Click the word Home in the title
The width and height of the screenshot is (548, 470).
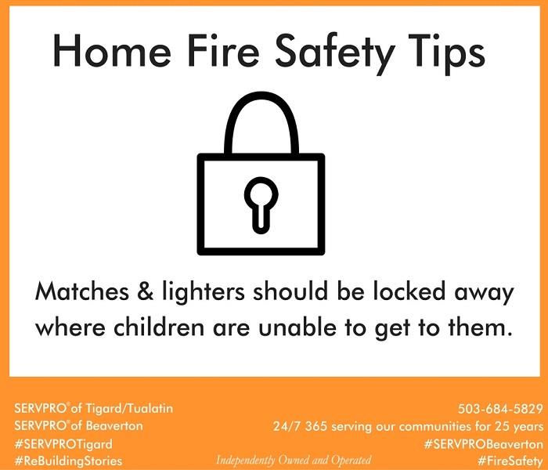pos(112,50)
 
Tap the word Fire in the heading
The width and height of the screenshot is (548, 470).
pos(224,50)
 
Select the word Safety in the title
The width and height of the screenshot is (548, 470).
pos(335,53)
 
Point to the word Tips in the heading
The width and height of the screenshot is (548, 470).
pos(449,54)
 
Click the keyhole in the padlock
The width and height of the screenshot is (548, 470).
pos(261,205)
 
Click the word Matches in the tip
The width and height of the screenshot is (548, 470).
pos(82,291)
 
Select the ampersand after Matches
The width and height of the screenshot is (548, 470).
pos(146,292)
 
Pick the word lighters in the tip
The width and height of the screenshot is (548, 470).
pos(204,293)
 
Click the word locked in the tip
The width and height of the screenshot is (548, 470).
pos(409,291)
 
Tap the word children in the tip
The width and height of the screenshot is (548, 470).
pos(159,327)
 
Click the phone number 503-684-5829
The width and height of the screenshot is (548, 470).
pos(500,408)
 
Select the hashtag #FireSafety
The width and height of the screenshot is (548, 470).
pos(510,460)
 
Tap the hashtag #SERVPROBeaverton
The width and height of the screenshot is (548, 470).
pos(484,444)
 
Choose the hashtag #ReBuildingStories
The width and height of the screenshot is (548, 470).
pos(69,461)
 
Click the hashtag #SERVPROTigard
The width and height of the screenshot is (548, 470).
pos(63,444)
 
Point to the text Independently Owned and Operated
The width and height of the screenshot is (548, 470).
pos(294,460)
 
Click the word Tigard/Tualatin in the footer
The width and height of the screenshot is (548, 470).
pos(129,408)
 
